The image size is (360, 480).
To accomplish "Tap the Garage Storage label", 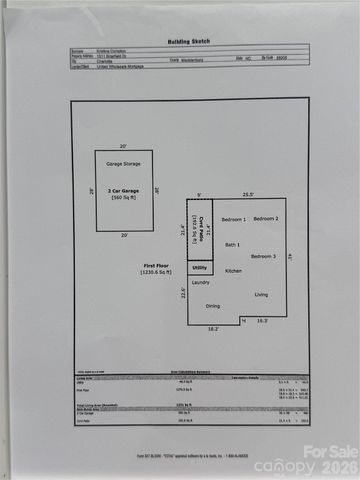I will (124, 162).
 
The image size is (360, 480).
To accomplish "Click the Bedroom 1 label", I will (233, 218).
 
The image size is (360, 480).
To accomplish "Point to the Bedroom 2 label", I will (265, 218).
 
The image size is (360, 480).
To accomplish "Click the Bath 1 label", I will (232, 244).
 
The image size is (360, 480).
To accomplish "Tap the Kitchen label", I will (233, 271).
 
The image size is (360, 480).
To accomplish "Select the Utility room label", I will (199, 268).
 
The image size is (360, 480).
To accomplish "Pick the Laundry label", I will (200, 283).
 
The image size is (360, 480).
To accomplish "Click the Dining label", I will (212, 306).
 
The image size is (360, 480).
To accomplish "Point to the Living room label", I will (261, 294).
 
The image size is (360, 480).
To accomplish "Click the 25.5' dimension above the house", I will (248, 194).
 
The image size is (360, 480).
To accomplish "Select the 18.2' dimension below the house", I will (212, 327).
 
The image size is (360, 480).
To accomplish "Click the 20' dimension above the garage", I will (124, 144).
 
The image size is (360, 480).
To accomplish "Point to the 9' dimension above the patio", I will (199, 194).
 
